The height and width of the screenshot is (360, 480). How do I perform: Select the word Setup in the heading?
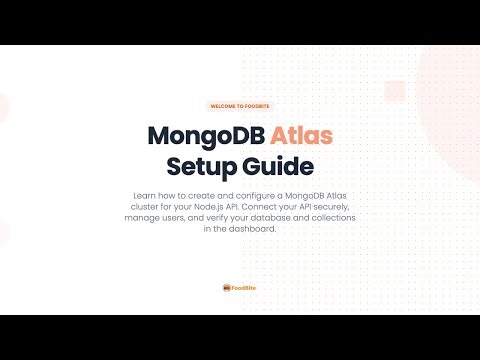[200, 164]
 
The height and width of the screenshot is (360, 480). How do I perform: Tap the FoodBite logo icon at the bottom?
[227, 287]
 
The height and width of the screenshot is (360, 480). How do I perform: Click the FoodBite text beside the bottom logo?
[245, 287]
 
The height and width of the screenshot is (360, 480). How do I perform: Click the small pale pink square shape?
[391, 88]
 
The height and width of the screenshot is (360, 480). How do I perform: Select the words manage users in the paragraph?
[150, 217]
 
